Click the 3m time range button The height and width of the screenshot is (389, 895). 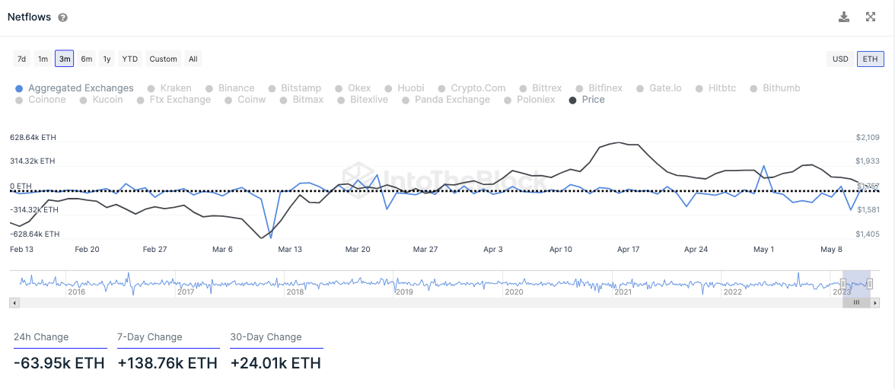pos(65,59)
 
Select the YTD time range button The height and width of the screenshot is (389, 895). pos(130,59)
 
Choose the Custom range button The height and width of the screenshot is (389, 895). pos(164,59)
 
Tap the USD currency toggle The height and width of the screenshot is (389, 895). pos(840,59)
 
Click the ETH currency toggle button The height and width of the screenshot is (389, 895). pos(870,59)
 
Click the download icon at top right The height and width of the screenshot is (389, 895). pos(844,17)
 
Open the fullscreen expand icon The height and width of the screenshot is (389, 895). pos(871,17)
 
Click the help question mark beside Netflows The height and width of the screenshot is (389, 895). pos(62,18)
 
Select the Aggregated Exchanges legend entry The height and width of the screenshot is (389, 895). pos(81,88)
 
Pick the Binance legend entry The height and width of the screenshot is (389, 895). pos(236,88)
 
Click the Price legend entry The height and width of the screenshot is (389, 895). pos(593,100)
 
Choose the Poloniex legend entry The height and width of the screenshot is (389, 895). pos(536,100)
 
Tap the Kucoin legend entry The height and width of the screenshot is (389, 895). pos(107,100)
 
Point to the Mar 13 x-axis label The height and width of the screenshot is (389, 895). pos(290,249)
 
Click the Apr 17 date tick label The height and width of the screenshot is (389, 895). pos(628,249)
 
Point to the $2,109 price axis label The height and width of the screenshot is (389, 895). pos(868,138)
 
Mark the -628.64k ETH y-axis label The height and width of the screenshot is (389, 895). pos(34,234)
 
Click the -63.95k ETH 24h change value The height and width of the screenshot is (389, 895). pos(59,363)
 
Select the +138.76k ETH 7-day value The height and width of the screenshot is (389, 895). pos(167,363)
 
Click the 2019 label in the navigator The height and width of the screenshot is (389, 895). pos(404,292)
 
